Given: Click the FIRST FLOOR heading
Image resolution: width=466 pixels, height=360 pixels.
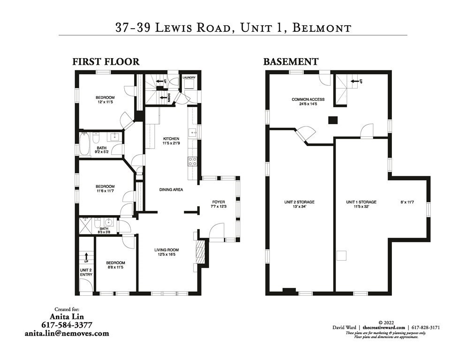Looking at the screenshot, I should click(x=105, y=61).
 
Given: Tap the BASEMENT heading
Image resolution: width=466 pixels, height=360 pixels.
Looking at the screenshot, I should click(x=291, y=61).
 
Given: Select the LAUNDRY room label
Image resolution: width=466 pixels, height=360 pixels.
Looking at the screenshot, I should click(x=189, y=77).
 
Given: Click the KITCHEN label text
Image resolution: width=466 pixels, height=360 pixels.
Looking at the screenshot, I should click(x=171, y=139).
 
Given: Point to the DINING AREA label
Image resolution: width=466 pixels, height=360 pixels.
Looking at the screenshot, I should click(x=171, y=190).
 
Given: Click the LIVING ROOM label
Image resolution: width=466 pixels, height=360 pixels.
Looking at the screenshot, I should click(x=166, y=250).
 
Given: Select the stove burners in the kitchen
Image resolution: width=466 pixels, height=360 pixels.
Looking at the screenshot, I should click(x=193, y=161).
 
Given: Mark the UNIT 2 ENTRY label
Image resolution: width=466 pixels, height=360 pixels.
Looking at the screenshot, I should click(x=86, y=272).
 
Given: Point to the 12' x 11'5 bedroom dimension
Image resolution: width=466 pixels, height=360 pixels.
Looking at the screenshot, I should click(x=106, y=102).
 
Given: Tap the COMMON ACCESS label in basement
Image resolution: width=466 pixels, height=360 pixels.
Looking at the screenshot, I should click(x=308, y=99).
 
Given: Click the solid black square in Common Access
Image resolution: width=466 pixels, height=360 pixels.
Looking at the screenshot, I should click(x=332, y=120).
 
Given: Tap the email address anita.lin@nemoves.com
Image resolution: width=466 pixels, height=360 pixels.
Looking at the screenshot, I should click(x=67, y=333).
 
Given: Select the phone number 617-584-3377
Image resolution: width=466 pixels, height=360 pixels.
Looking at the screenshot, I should click(x=67, y=325).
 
